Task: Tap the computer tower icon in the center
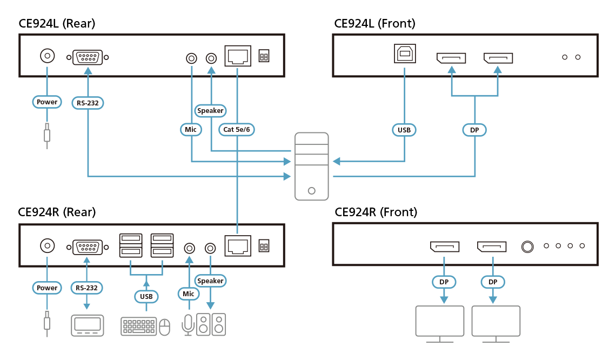tap(311, 166)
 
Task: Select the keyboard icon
tap(139, 326)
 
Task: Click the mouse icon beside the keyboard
tap(165, 326)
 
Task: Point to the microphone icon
tap(188, 324)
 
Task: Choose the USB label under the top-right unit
tap(404, 130)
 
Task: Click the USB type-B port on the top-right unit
tap(404, 56)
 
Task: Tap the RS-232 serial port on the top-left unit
tap(88, 57)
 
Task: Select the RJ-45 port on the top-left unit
tap(237, 56)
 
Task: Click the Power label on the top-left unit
tap(47, 102)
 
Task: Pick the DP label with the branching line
tap(474, 130)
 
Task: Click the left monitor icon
tap(439, 323)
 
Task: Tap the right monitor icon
tap(496, 323)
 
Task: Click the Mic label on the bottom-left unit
tap(188, 294)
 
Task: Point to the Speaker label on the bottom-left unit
tap(210, 281)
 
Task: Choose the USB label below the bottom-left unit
tap(146, 296)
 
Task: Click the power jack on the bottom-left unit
tap(48, 246)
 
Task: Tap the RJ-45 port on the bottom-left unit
tap(237, 246)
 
